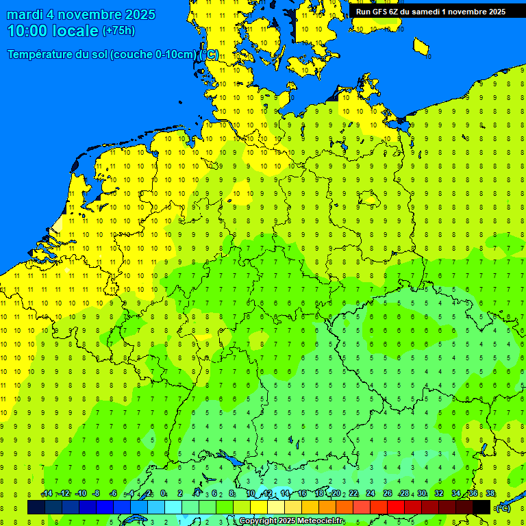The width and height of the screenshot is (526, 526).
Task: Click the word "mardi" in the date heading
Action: click(x=25, y=14)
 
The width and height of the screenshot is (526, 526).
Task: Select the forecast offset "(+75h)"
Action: click(x=118, y=31)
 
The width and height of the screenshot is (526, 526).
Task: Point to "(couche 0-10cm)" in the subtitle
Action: click(x=153, y=55)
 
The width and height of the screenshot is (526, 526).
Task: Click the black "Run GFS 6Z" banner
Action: click(x=431, y=11)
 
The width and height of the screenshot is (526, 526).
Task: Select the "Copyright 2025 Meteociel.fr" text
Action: click(x=291, y=521)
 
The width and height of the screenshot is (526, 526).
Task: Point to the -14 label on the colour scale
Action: click(x=47, y=494)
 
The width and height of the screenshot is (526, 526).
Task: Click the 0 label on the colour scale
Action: click(x=163, y=494)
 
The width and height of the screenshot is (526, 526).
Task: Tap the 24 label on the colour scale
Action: click(x=371, y=494)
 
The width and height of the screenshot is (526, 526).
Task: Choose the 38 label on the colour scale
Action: click(x=490, y=494)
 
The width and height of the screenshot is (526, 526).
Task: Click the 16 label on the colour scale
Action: click(x=302, y=494)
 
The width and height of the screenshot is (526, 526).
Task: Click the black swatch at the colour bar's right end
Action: click(x=481, y=508)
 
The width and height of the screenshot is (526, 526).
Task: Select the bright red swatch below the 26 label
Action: click(x=396, y=508)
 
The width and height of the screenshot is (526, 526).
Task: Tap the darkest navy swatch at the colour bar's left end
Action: click(x=36, y=508)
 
